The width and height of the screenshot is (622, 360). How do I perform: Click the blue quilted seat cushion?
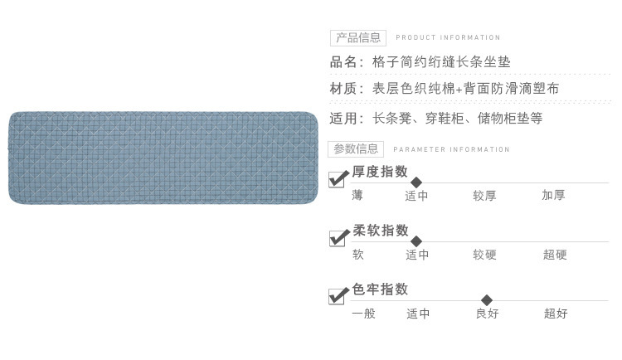tap(163, 158)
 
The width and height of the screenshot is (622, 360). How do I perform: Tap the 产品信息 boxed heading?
tap(357, 37)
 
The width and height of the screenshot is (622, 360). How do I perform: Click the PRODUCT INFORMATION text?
tap(448, 37)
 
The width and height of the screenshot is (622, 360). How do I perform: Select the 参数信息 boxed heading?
tap(356, 149)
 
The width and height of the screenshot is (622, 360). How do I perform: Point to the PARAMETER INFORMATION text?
tap(451, 149)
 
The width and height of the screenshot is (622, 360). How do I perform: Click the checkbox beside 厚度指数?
tap(338, 178)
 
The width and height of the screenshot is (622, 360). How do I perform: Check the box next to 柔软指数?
tap(338, 238)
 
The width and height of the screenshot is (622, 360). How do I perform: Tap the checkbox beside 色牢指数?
tap(338, 296)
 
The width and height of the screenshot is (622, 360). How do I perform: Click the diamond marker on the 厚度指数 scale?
tap(416, 182)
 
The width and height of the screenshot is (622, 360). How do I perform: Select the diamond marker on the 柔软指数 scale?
tap(416, 241)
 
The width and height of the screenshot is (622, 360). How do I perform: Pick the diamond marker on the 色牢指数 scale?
tap(487, 300)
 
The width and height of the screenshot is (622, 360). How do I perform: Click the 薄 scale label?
tap(357, 196)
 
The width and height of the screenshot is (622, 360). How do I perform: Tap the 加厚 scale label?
tap(553, 196)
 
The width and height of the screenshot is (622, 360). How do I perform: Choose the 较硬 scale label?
tap(484, 255)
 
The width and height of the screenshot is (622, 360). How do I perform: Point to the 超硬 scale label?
tap(555, 255)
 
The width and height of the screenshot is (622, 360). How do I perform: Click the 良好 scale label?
tap(487, 314)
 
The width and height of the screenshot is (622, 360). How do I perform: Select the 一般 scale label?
tap(363, 314)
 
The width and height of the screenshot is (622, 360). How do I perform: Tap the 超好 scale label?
tap(556, 314)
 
